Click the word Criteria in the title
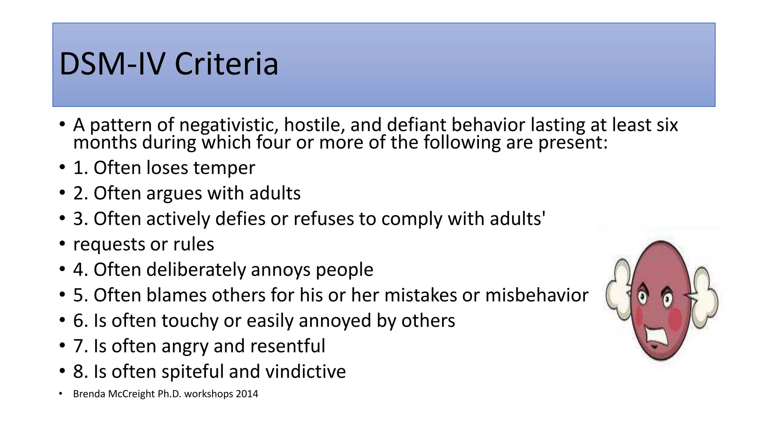tap(226, 64)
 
